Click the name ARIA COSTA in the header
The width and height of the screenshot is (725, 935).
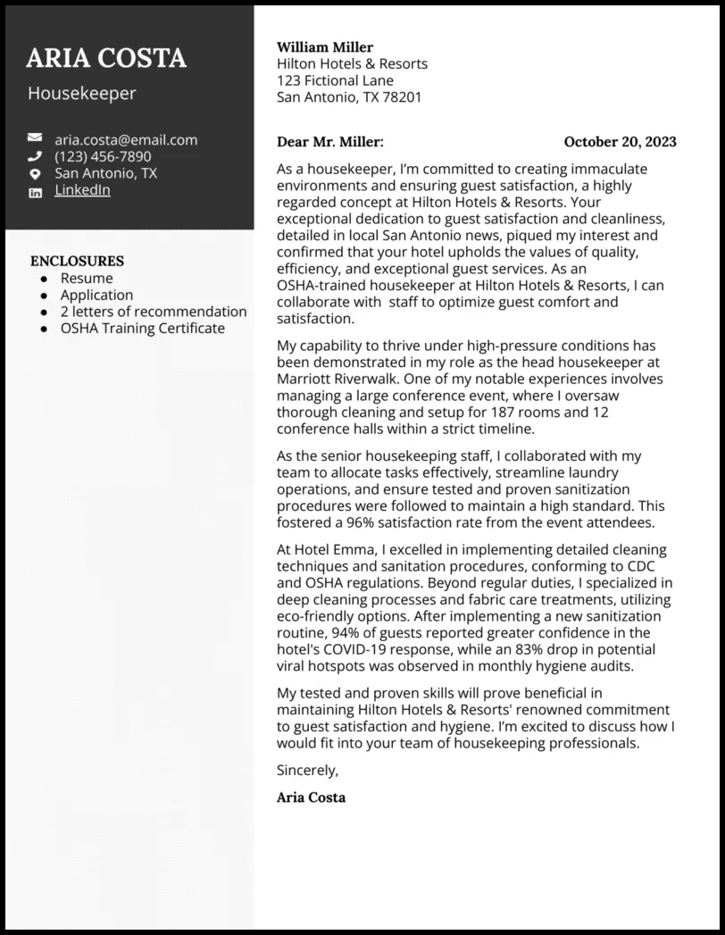click(106, 58)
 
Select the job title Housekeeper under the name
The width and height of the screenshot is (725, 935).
click(82, 94)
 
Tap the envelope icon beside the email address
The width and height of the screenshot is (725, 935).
click(35, 138)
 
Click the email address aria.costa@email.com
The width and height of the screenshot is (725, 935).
click(126, 139)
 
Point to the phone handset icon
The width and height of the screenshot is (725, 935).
click(35, 156)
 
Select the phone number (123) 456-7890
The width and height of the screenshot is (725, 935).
click(103, 156)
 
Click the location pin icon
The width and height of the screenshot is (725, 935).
click(35, 173)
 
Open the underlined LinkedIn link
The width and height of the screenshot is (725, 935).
click(82, 190)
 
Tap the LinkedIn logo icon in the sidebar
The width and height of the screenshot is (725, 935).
click(35, 192)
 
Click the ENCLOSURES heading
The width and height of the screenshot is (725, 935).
click(77, 262)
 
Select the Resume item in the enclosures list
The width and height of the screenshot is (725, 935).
click(87, 279)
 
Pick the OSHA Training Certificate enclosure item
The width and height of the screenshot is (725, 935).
click(143, 329)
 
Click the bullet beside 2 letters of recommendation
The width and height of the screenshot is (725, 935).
click(44, 313)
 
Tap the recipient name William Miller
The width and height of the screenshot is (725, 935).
click(325, 47)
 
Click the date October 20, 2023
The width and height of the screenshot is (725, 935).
click(620, 142)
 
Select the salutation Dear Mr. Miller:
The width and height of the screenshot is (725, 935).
click(329, 142)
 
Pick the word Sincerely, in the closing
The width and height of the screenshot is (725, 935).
click(308, 770)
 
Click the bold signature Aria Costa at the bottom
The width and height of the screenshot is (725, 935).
click(311, 797)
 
